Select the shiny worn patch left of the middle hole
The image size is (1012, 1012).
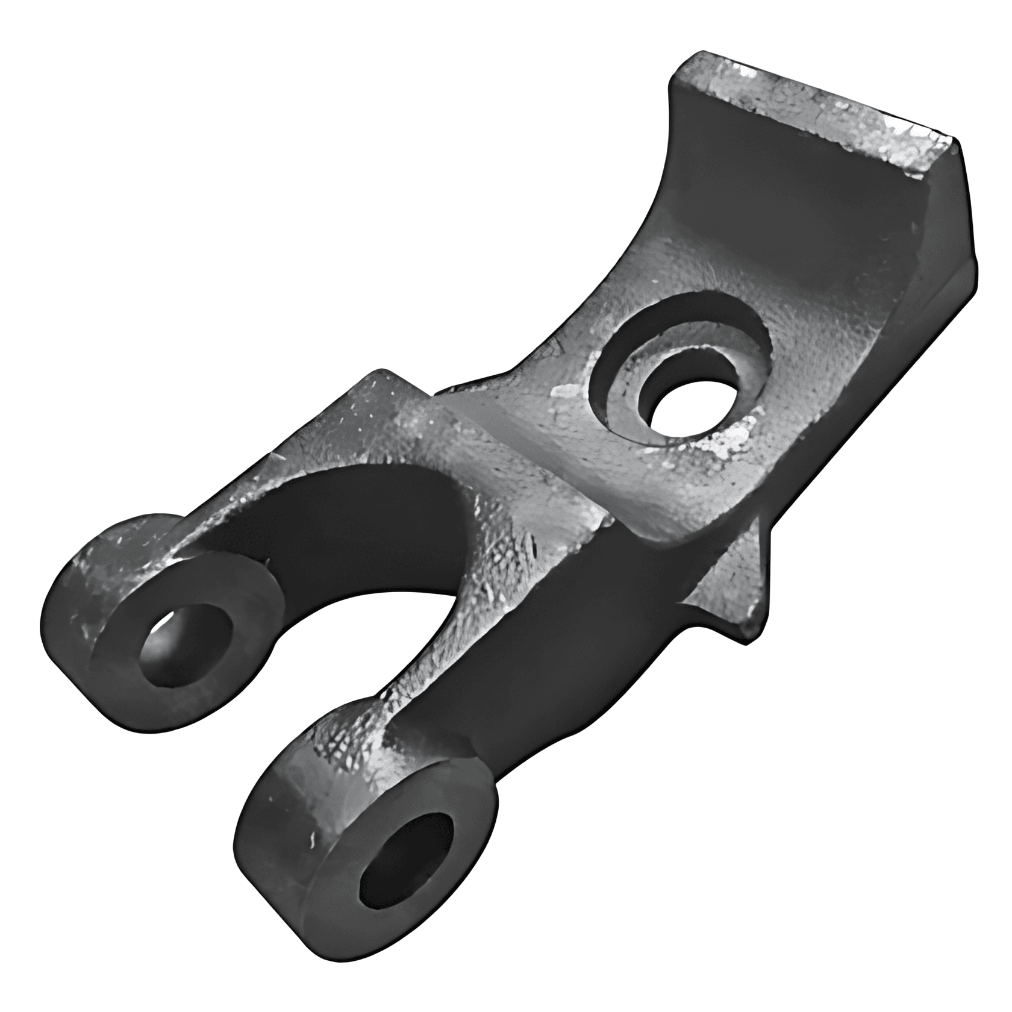(x=566, y=392)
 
